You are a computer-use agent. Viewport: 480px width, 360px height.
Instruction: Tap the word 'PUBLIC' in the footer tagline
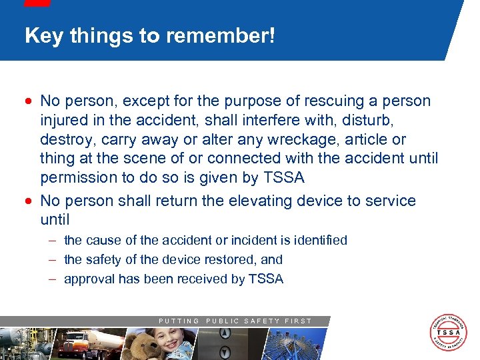click(x=225, y=321)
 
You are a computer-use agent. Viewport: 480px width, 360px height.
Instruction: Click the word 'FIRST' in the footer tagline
click(x=298, y=321)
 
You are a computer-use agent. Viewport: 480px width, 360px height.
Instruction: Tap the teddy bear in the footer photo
click(x=143, y=345)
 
